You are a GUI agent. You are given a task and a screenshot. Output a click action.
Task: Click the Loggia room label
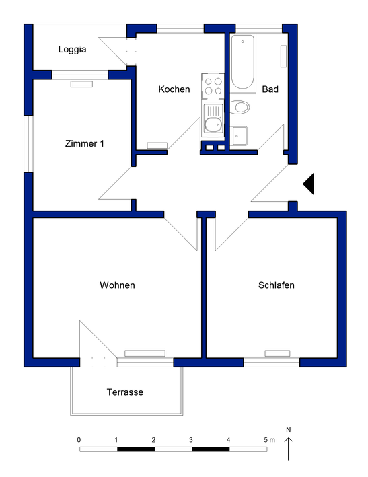pos(73,49)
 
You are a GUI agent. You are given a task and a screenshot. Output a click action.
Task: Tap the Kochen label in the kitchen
pos(174,89)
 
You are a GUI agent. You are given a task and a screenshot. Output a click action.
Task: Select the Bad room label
pos(270,89)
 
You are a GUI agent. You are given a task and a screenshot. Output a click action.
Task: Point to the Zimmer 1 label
pos(84,143)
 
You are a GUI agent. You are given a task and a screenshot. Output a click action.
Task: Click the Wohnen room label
pos(117,285)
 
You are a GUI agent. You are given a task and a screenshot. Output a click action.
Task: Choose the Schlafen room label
pos(277,285)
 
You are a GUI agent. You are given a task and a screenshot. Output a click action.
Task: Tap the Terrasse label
pos(125,392)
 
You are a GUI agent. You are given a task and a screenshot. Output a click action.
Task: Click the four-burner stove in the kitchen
pos(213,85)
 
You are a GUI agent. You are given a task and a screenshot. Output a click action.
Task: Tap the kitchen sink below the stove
pos(213,122)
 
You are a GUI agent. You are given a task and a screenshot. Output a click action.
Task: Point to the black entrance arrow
pos(309,184)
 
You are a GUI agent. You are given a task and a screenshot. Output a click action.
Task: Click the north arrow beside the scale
pos(289,447)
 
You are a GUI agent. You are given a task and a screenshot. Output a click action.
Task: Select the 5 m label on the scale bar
pos(269,439)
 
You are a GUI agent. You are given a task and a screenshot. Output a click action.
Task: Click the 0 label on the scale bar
pos(79,439)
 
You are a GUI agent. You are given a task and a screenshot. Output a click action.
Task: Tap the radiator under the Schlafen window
pos(277,353)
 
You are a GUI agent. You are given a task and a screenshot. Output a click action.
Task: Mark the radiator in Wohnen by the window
pos(145,353)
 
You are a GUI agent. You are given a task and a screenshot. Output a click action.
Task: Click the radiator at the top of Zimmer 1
pos(81,84)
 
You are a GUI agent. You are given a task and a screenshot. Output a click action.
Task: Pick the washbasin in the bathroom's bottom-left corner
pos(240,137)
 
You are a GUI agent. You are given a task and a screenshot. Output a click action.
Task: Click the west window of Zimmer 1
pos(28,143)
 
